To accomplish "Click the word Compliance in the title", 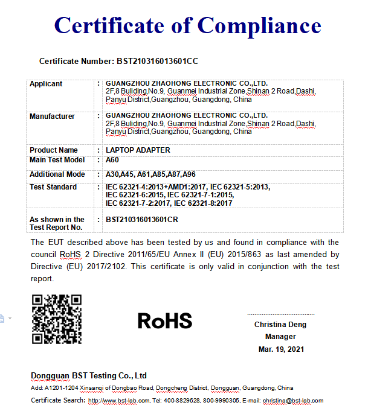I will tap(259, 25).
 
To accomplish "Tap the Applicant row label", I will tap(46, 84).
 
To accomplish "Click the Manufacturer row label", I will tap(52, 116).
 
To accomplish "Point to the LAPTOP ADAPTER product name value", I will tap(138, 150).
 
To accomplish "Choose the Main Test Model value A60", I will tap(113, 160).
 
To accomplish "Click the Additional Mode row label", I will tap(57, 174).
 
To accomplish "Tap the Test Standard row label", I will tap(53, 187).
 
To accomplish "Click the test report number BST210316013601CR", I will tap(142, 220).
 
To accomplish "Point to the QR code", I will tap(56, 319).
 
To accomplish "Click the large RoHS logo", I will tap(164, 320).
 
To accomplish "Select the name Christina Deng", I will tap(280, 325).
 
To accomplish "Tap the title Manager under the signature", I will tap(280, 337).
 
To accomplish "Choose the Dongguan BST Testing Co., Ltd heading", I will tap(89, 375).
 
